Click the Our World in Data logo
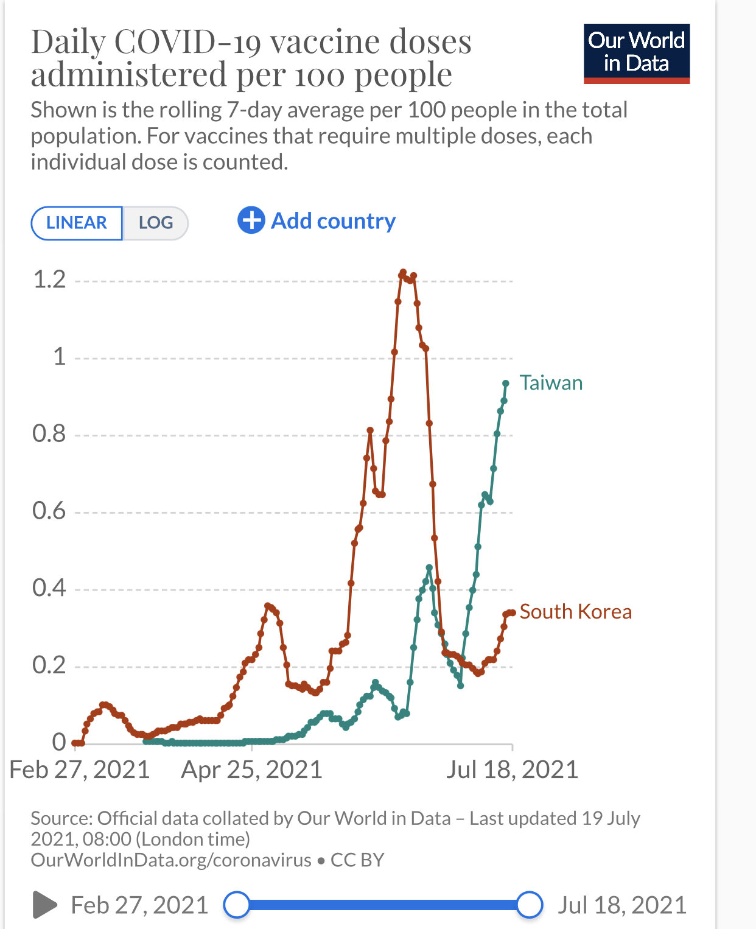[636, 53]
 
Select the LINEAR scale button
[77, 223]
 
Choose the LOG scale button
[155, 223]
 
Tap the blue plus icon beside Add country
[251, 220]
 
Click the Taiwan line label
[551, 383]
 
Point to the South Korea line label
[575, 612]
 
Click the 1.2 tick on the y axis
[49, 280]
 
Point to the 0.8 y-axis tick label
[49, 434]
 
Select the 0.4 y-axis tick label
[49, 588]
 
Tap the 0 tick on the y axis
[59, 742]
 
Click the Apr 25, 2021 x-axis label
[251, 770]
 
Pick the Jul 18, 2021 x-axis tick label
[512, 770]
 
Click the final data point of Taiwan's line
[506, 384]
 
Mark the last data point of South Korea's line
[513, 613]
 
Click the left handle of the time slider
[236, 905]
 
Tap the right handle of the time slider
[530, 905]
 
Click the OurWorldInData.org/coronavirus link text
[171, 860]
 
